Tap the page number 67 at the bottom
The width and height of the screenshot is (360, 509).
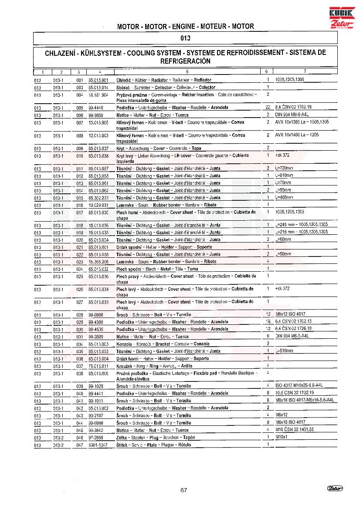[x=183, y=490]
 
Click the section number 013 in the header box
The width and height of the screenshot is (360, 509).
[x=185, y=38]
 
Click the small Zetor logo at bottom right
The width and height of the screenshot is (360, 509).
[x=335, y=489]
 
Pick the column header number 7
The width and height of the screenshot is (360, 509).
[x=305, y=71]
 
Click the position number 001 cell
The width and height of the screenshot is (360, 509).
[x=79, y=81]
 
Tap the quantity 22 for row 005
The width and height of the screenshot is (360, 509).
[x=268, y=107]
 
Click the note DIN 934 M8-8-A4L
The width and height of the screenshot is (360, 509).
[x=292, y=115]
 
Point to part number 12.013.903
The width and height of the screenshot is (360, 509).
[x=98, y=135]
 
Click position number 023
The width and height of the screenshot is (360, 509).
[x=79, y=262]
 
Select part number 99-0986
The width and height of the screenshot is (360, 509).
[x=95, y=315]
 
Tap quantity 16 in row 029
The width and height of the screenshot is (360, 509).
[x=268, y=322]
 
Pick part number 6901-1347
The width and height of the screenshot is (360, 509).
[x=97, y=445]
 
